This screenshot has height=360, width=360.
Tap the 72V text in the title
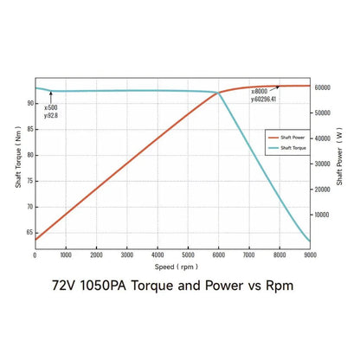tap(67, 285)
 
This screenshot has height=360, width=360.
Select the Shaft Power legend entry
tap(287, 137)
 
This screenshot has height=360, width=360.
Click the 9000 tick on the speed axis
tap(310, 255)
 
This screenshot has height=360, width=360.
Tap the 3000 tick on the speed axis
tap(126, 255)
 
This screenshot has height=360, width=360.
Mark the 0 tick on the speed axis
tap(35, 255)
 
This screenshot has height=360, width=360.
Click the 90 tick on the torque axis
tap(29, 103)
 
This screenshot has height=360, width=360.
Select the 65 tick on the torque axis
tap(29, 232)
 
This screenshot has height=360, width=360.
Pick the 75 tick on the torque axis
tap(29, 181)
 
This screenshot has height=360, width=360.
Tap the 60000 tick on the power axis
tap(323, 87)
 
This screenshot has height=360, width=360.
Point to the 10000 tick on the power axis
tap(323, 214)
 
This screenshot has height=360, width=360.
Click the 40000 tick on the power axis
tap(323, 138)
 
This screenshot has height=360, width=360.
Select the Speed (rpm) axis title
tap(172, 266)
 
